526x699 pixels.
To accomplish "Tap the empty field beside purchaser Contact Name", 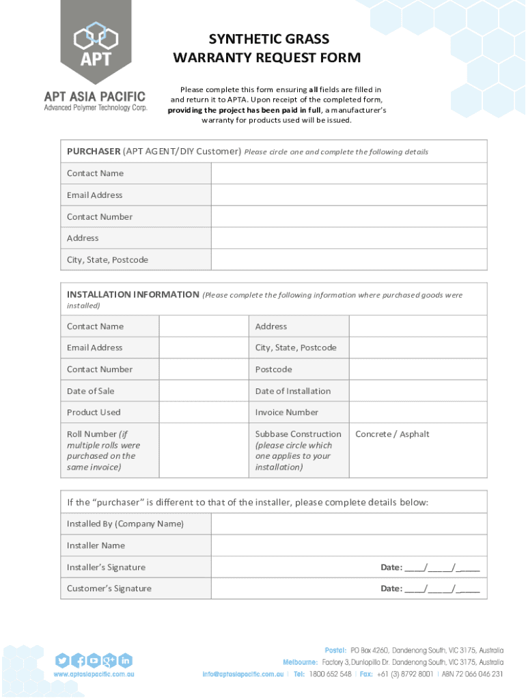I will click(348, 173).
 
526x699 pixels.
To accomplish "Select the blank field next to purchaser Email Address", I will click(348, 195).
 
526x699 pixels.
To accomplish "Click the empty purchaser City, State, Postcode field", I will click(348, 260).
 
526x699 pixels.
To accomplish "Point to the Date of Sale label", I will click(91, 391).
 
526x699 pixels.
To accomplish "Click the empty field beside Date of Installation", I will click(417, 391).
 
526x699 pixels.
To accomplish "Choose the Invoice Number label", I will click(287, 412).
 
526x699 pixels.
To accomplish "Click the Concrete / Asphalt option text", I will click(392, 434).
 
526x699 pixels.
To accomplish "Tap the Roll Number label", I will click(93, 434).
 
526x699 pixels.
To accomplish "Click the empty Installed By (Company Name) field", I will click(348, 524).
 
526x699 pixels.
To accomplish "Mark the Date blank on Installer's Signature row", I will click(442, 567).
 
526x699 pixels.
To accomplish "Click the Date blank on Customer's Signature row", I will click(442, 588).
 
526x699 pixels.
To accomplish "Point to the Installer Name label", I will click(96, 545).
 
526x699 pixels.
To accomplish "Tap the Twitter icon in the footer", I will click(62, 660).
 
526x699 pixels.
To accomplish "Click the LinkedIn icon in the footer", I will click(125, 660).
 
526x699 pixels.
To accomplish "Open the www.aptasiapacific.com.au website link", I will click(94, 674).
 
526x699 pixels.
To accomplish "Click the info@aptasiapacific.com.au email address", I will click(243, 674).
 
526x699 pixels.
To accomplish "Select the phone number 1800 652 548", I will click(330, 674).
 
